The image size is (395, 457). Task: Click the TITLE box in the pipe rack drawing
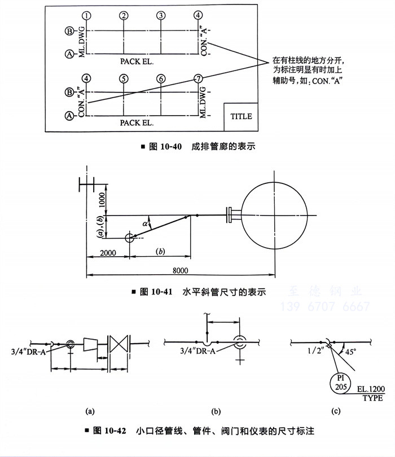[x=240, y=117]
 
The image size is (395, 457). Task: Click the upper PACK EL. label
[x=138, y=59]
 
